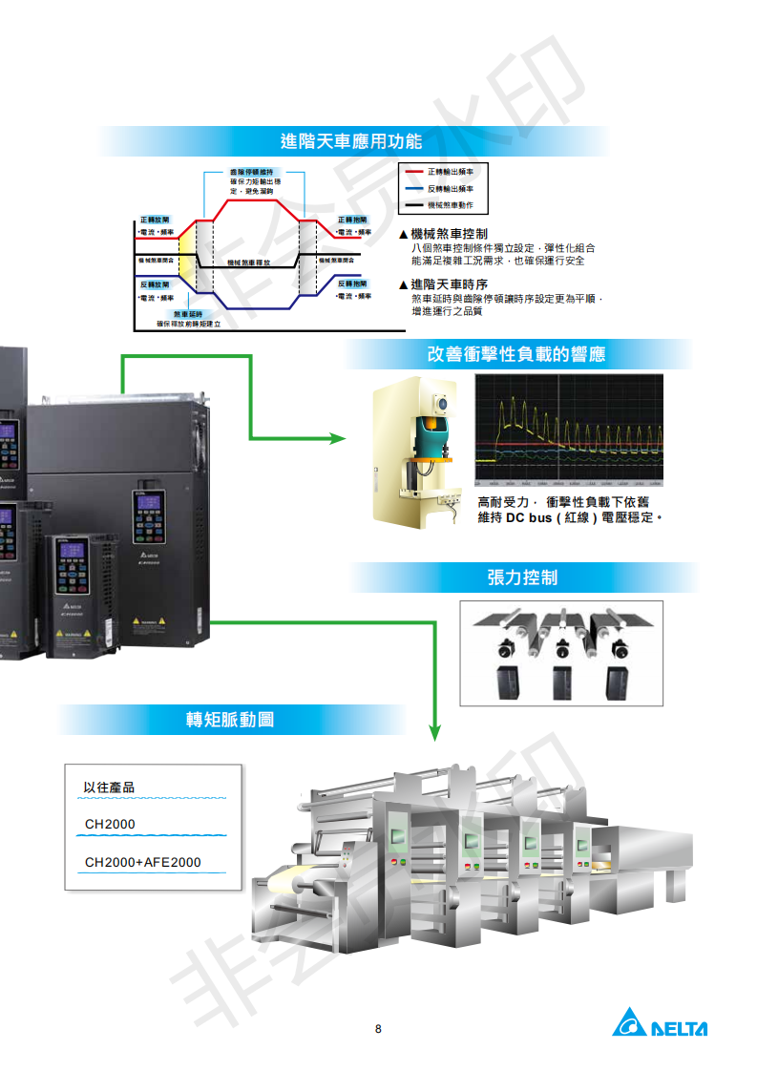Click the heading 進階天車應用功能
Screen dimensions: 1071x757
[351, 142]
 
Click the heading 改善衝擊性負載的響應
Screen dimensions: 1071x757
[515, 355]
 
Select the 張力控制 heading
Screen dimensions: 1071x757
[522, 577]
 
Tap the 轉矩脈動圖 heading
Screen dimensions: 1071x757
[230, 720]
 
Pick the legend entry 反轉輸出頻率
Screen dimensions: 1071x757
[456, 189]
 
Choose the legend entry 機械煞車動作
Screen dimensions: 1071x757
[456, 205]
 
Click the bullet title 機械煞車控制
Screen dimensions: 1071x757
[449, 234]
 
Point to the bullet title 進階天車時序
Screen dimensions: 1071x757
[449, 284]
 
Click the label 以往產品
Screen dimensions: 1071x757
[109, 788]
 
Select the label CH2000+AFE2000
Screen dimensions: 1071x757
[143, 862]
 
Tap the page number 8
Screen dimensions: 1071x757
[379, 1029]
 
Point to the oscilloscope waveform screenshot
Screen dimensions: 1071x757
[569, 429]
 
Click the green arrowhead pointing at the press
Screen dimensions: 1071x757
[335, 438]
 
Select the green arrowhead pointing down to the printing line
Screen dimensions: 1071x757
[434, 732]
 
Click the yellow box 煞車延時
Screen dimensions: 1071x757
[187, 313]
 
